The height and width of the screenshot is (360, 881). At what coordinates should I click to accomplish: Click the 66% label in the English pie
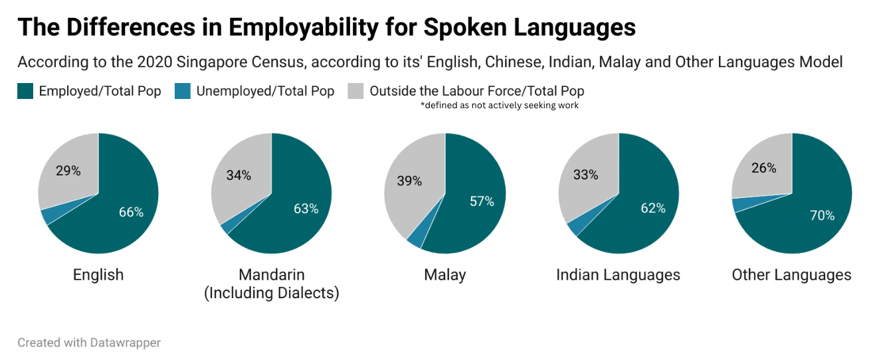(x=131, y=213)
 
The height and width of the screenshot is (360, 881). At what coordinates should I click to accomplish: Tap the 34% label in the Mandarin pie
(x=239, y=175)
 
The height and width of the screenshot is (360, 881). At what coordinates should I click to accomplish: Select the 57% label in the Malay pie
(x=482, y=201)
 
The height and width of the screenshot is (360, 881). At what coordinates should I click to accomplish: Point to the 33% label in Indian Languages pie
(x=586, y=175)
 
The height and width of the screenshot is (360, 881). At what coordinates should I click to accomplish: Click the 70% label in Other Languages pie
(x=823, y=216)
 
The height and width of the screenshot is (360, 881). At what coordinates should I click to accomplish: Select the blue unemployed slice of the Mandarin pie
(x=226, y=227)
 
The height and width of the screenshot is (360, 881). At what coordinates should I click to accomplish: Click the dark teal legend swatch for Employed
(x=25, y=92)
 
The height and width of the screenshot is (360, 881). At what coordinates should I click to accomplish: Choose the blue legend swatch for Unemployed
(x=182, y=92)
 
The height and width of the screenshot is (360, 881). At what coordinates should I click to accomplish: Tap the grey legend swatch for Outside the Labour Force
(x=355, y=92)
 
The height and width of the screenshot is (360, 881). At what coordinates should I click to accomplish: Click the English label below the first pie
(x=98, y=275)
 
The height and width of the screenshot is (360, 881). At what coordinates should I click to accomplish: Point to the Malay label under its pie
(x=445, y=275)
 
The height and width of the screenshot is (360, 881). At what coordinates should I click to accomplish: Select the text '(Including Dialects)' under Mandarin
(x=272, y=293)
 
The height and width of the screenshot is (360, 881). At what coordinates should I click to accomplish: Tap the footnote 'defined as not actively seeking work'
(x=500, y=106)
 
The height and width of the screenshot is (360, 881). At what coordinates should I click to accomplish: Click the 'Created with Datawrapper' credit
(x=89, y=343)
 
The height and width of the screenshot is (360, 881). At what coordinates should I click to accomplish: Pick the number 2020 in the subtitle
(x=155, y=62)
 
